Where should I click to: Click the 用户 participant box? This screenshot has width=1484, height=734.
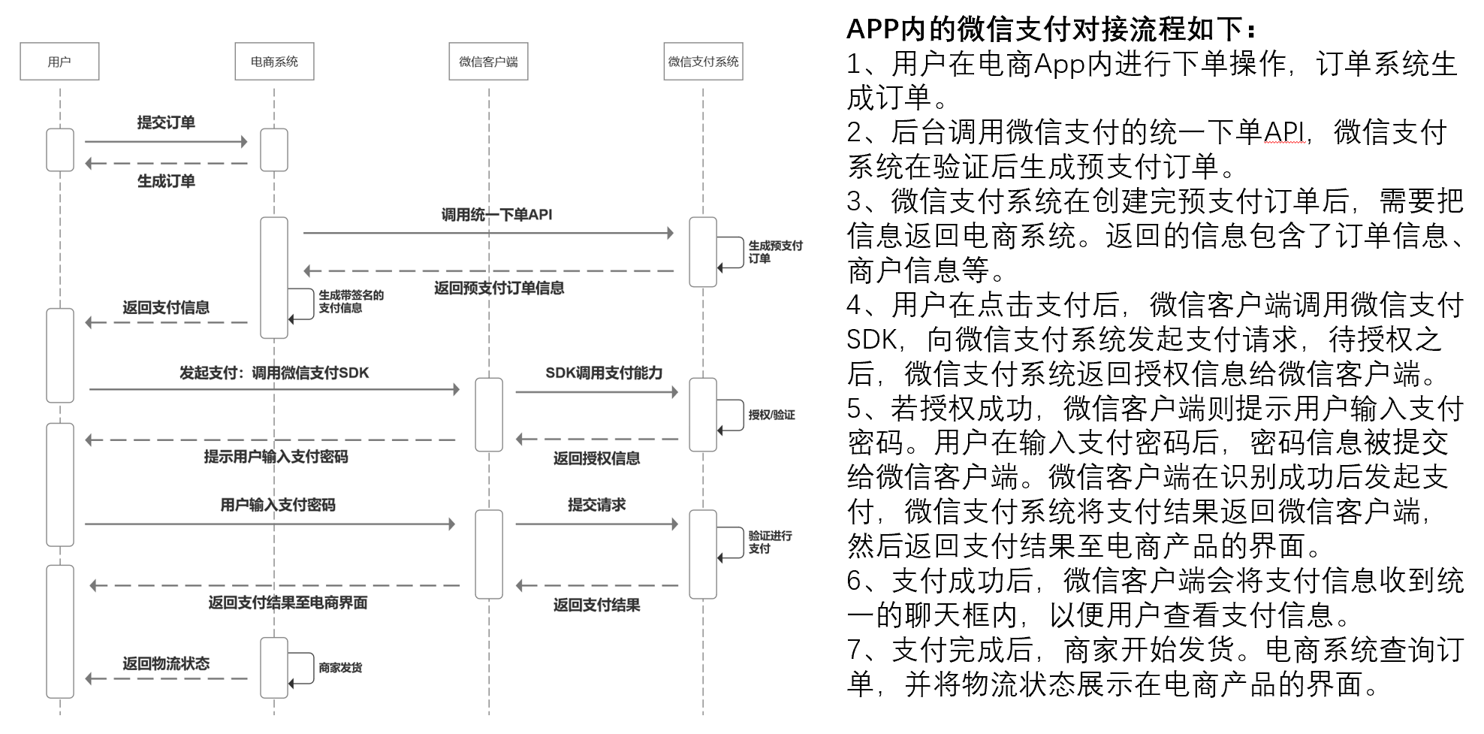[x=59, y=62]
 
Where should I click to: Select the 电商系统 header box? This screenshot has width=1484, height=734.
[x=274, y=62]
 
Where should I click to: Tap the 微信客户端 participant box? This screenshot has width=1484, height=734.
[x=488, y=62]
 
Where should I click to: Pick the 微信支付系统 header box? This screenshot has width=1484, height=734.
[x=703, y=62]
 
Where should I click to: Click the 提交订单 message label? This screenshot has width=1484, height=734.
[x=166, y=122]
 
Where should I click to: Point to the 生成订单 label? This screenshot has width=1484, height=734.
[x=166, y=181]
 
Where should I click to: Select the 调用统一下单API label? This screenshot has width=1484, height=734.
[x=496, y=215]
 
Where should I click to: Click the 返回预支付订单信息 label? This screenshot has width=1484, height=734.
[x=499, y=288]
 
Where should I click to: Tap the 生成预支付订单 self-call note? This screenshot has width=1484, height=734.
[x=774, y=252]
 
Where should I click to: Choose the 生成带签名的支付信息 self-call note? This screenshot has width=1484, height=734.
[x=351, y=301]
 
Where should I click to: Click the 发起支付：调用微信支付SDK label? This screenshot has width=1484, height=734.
[x=274, y=373]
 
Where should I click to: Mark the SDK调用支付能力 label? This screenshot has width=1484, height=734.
[x=604, y=373]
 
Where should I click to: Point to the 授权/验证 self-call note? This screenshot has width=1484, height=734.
[x=771, y=415]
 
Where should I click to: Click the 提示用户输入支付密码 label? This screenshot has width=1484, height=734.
[x=276, y=457]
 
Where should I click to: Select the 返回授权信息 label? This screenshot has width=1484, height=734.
[x=596, y=458]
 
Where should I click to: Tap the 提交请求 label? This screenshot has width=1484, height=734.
[x=596, y=505]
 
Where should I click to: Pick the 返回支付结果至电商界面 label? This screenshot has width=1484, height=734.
[x=288, y=603]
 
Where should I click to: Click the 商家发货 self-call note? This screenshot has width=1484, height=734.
[x=340, y=667]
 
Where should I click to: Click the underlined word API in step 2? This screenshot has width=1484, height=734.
[x=1283, y=132]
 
